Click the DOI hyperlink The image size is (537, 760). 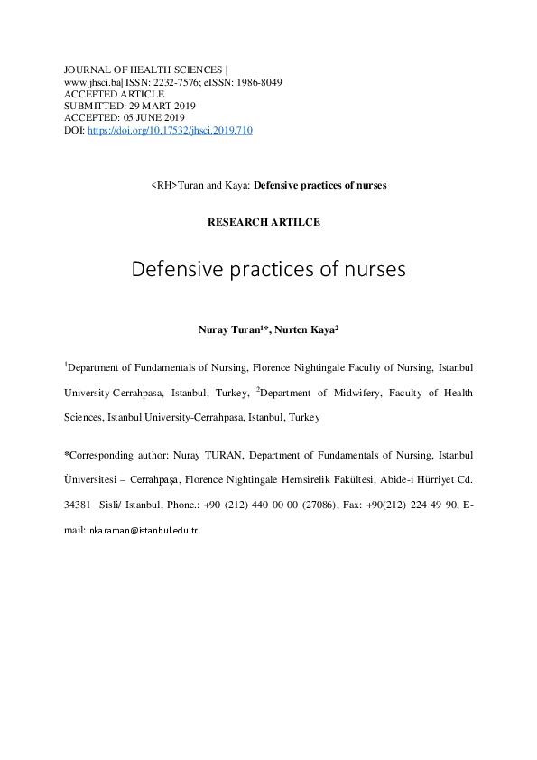click(170, 130)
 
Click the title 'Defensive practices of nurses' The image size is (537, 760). click(268, 269)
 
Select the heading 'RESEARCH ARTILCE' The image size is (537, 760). click(264, 222)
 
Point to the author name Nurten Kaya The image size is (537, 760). click(305, 330)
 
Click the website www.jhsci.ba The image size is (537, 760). click(92, 81)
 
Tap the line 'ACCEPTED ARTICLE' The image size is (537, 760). click(114, 94)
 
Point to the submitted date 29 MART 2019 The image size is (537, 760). click(162, 106)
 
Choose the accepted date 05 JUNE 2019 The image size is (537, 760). click(152, 117)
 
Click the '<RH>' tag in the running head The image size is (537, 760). click(163, 185)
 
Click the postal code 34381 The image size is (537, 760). click(77, 507)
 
